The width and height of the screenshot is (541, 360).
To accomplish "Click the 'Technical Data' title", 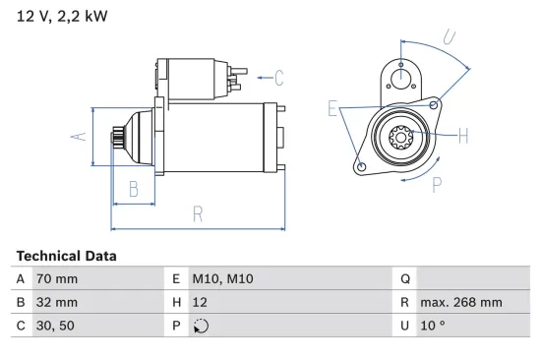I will coord(66,256).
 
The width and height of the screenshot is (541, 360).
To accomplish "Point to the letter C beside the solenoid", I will coord(278,77).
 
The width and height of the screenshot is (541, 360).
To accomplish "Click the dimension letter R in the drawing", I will coord(197,212).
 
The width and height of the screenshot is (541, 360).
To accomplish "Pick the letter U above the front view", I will coord(449,38).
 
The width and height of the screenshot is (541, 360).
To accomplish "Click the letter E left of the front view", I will coord(332,109).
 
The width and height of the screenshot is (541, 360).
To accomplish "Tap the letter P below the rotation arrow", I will coord(437,182).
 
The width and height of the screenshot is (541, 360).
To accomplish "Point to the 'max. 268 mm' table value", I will coord(460,302).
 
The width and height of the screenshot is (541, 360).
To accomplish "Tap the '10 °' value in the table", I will coord(433,326).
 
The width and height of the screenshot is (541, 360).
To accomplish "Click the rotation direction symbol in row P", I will coord(202,327).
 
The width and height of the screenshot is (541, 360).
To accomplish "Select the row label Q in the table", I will coord(404,279).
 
